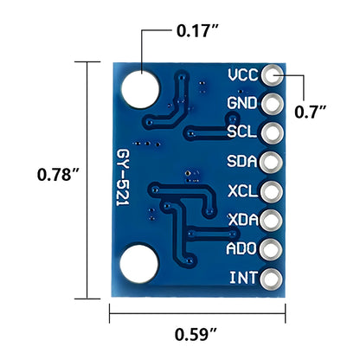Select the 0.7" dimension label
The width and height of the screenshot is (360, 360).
click(310, 111)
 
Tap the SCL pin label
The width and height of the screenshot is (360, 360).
click(241, 133)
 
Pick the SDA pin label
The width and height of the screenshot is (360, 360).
click(241, 162)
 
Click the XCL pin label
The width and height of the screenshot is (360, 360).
click(241, 191)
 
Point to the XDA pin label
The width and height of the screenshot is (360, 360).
click(241, 221)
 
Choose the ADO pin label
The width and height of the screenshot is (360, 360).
click(241, 249)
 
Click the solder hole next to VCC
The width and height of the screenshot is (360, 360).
click(273, 75)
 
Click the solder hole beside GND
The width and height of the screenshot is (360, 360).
click(273, 105)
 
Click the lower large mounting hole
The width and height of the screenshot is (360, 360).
click(138, 263)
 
